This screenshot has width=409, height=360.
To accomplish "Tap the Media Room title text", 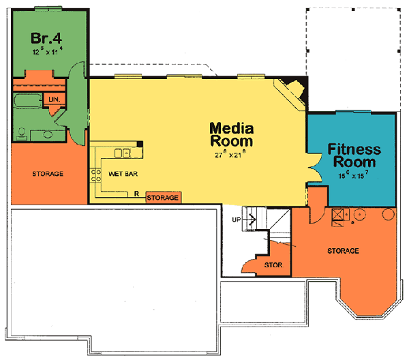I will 231,134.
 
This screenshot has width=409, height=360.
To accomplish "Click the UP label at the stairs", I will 237,220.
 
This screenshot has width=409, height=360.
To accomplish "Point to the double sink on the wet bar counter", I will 123,153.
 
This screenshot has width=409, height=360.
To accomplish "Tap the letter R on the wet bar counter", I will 137,194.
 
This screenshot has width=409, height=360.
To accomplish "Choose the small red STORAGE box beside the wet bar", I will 163,198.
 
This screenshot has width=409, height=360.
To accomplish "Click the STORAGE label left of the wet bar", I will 48,174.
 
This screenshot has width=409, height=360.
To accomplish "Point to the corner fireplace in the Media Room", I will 292,89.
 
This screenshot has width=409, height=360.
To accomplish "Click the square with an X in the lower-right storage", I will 337,213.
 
